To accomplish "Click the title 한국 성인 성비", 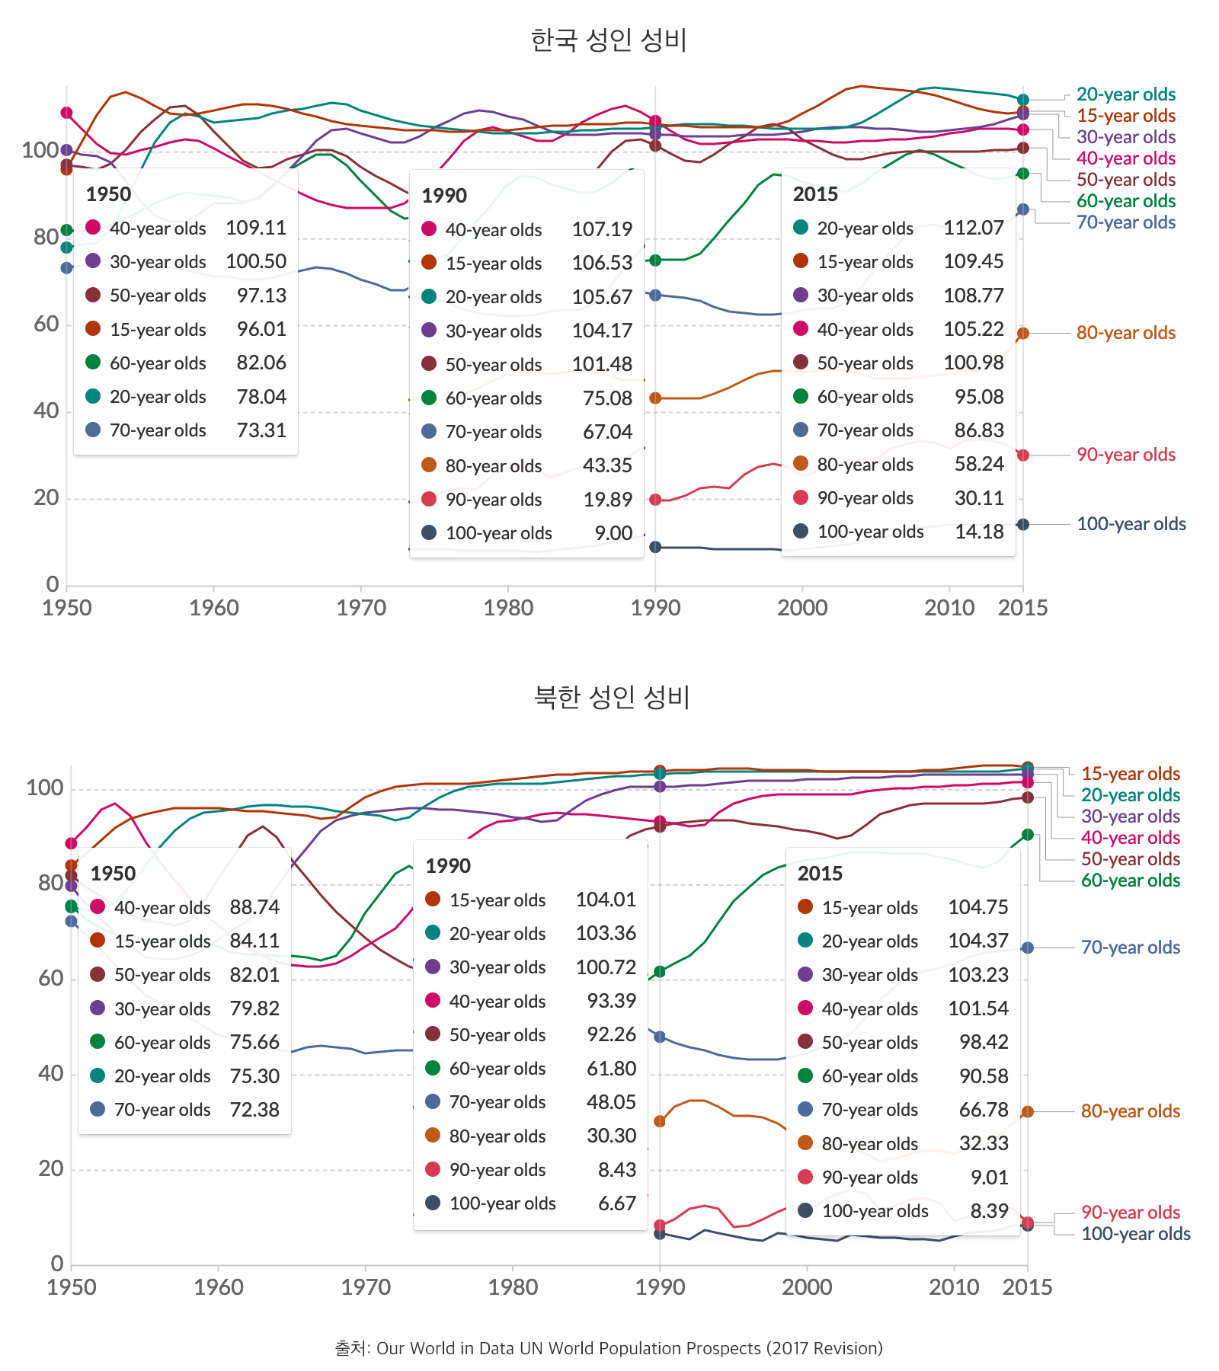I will pyautogui.click(x=609, y=40).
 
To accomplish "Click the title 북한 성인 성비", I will pyautogui.click(x=612, y=697).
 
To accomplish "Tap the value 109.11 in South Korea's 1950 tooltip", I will pyautogui.click(x=256, y=228).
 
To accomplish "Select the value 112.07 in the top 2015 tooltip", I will pyautogui.click(x=974, y=228).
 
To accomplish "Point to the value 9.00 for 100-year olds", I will pyautogui.click(x=613, y=533).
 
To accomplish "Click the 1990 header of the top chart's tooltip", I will pyautogui.click(x=444, y=196).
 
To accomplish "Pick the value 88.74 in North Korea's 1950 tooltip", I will pyautogui.click(x=254, y=907).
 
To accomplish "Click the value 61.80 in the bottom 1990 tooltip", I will pyautogui.click(x=611, y=1069).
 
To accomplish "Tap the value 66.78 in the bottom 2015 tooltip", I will pyautogui.click(x=984, y=1110).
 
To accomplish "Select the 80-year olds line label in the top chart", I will pyautogui.click(x=1125, y=333).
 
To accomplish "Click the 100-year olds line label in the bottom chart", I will pyautogui.click(x=1135, y=1234).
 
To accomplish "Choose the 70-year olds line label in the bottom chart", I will pyautogui.click(x=1130, y=948).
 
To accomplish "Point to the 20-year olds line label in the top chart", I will pyautogui.click(x=1125, y=94).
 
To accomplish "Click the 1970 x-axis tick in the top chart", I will pyautogui.click(x=361, y=608).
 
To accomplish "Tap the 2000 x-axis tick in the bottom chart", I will pyautogui.click(x=807, y=1287).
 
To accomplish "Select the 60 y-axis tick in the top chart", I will pyautogui.click(x=46, y=324).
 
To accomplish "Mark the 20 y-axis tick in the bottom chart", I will pyautogui.click(x=51, y=1168).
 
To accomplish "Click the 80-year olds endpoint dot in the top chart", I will pyautogui.click(x=1023, y=333).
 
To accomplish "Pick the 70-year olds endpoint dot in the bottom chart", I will pyautogui.click(x=1028, y=948).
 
